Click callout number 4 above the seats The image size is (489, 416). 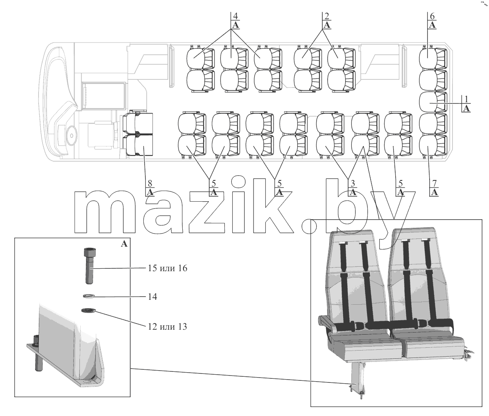[235, 16]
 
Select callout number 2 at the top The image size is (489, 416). [326, 16]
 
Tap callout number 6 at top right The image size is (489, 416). [432, 16]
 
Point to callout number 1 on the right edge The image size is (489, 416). [466, 99]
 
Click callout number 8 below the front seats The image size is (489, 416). [150, 183]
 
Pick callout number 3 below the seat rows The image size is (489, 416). [353, 183]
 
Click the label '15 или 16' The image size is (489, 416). [168, 268]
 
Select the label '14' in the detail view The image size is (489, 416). [152, 297]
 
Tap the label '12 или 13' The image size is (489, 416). [168, 327]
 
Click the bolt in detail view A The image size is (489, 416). [89, 265]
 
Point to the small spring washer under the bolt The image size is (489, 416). [89, 296]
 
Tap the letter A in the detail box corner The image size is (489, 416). [124, 244]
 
